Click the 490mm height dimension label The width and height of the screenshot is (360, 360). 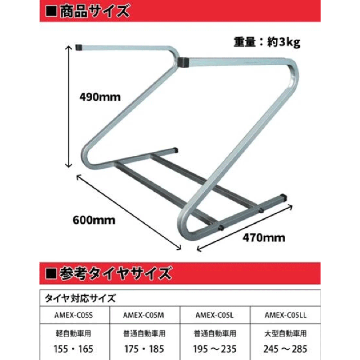pos(100,97)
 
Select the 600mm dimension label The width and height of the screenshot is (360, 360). pos(94,220)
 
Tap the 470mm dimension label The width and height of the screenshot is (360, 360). pos(264,237)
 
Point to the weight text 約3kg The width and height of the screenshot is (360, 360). pos(283,43)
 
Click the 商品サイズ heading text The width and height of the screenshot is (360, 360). pos(94,11)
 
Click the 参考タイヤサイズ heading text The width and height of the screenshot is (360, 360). pos(115,273)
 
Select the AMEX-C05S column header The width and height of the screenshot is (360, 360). pos(74,315)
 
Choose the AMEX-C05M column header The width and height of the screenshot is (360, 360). pos(144,315)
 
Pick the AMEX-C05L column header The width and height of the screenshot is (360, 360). pos(214,315)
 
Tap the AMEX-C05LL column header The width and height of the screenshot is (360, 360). pos(286,315)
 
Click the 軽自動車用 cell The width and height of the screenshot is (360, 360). pos(74,334)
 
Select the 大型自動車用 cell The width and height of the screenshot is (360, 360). pos(286,334)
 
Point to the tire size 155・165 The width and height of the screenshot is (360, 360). pos(74,349)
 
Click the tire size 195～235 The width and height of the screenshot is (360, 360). pos(215,349)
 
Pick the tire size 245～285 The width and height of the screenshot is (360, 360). pos(285,349)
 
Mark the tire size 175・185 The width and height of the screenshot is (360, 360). pos(144,349)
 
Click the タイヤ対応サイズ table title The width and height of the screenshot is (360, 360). pos(80,298)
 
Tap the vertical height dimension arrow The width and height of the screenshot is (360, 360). pos(69,106)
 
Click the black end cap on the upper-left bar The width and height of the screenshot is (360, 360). pos(79,47)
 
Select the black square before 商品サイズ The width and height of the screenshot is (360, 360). pos(51,11)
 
